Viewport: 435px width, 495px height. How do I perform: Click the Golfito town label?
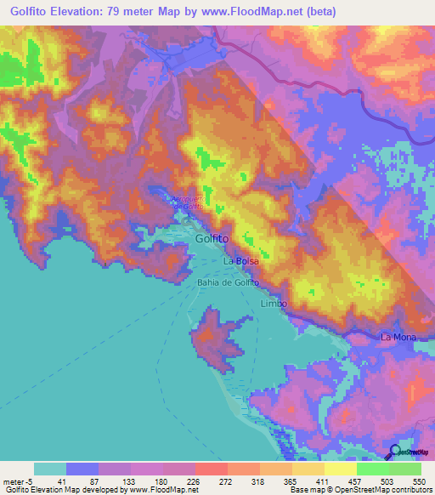(x=212, y=240)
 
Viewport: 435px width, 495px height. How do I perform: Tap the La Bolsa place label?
(x=241, y=261)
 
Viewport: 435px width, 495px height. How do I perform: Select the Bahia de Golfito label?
(x=227, y=282)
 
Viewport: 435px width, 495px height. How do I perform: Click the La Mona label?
(x=398, y=338)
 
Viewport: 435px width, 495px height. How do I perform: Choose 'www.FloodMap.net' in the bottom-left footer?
(x=161, y=490)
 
